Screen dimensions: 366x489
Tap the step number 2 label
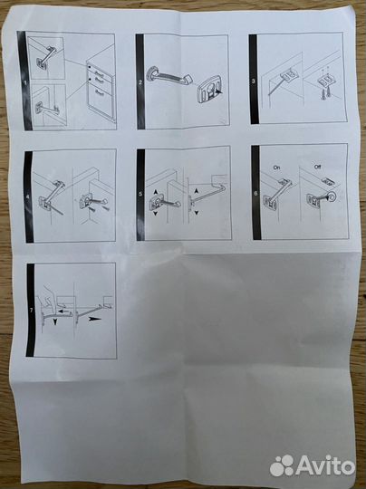140,83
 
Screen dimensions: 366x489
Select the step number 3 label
253,81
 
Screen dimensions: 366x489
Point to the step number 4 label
27,197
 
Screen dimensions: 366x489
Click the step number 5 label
140,194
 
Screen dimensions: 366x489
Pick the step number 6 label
255,193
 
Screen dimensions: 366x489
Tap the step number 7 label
30,311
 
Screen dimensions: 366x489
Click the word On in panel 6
276,168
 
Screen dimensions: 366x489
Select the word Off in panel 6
317,167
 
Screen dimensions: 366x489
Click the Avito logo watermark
313,466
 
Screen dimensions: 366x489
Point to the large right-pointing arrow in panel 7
96,319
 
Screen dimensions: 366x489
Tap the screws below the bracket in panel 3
323,94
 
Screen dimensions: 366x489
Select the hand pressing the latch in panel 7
48,296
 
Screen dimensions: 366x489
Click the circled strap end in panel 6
331,197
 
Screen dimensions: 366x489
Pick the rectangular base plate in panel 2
209,89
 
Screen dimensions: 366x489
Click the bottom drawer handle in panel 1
101,91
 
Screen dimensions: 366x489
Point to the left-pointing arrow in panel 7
65,312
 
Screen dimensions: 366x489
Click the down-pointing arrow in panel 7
55,321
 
